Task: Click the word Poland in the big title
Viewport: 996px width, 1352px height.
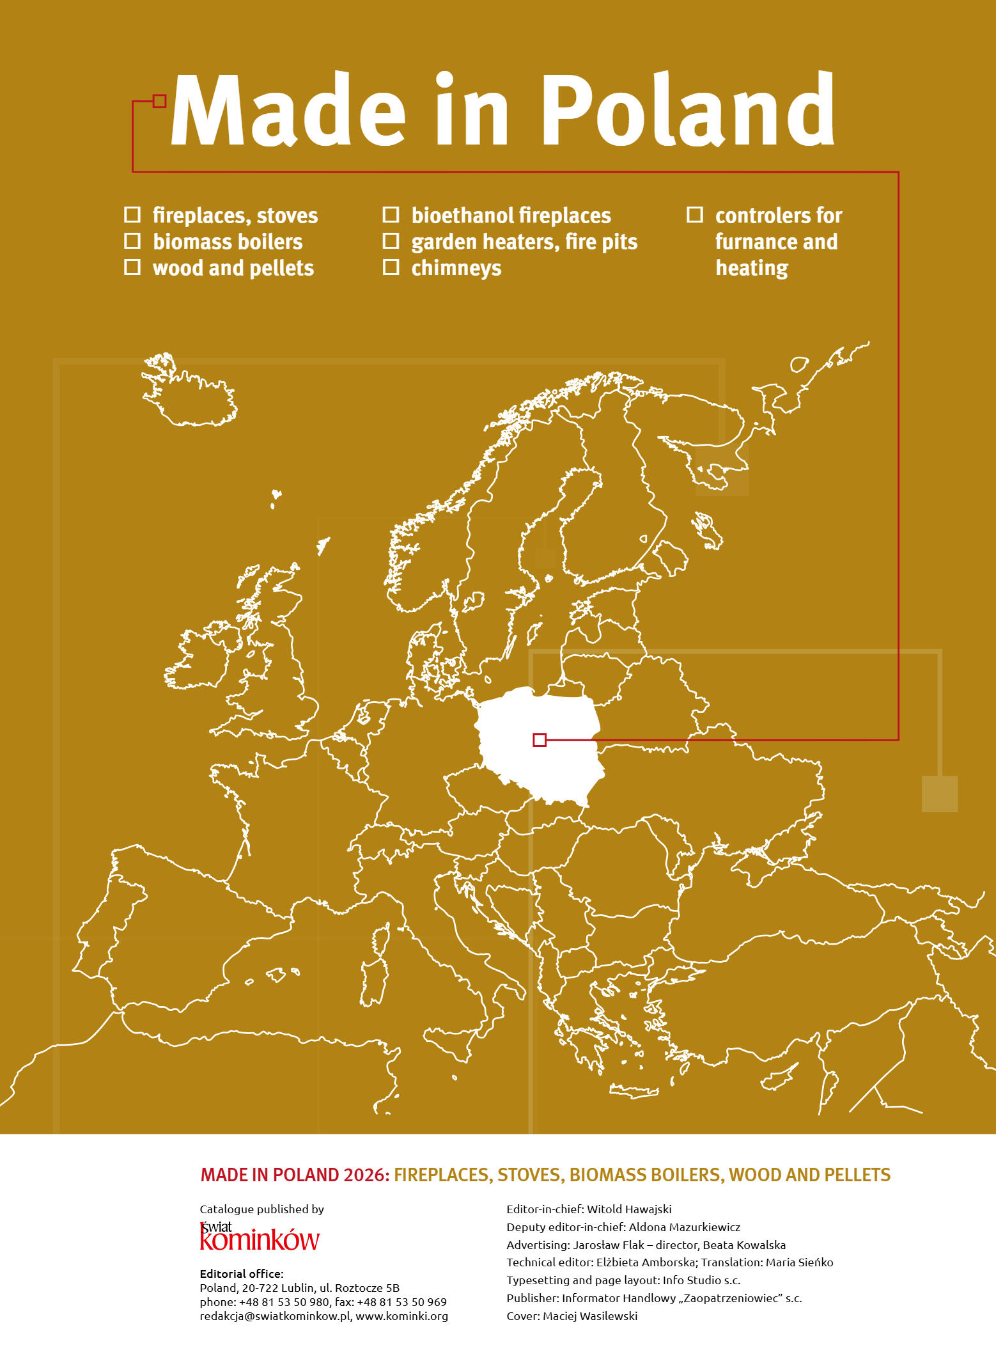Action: (689, 110)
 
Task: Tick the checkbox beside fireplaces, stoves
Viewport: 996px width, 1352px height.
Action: (132, 214)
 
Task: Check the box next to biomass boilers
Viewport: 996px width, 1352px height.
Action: (132, 241)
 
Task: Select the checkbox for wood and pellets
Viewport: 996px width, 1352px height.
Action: (132, 267)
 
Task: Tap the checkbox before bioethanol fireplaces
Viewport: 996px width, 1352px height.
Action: (391, 214)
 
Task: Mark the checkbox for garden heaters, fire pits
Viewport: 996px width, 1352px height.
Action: (391, 241)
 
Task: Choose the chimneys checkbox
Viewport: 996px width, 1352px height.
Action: (391, 267)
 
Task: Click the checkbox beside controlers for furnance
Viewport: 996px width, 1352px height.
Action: (695, 214)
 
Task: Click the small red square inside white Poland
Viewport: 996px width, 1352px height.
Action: (540, 740)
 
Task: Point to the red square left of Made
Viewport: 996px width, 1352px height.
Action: (160, 101)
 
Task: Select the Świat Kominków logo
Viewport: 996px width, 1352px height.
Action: (259, 1236)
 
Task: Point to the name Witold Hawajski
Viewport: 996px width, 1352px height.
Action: (629, 1209)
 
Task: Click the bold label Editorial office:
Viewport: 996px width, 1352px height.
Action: (241, 1273)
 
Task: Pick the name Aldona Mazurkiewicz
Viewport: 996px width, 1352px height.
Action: (684, 1227)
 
